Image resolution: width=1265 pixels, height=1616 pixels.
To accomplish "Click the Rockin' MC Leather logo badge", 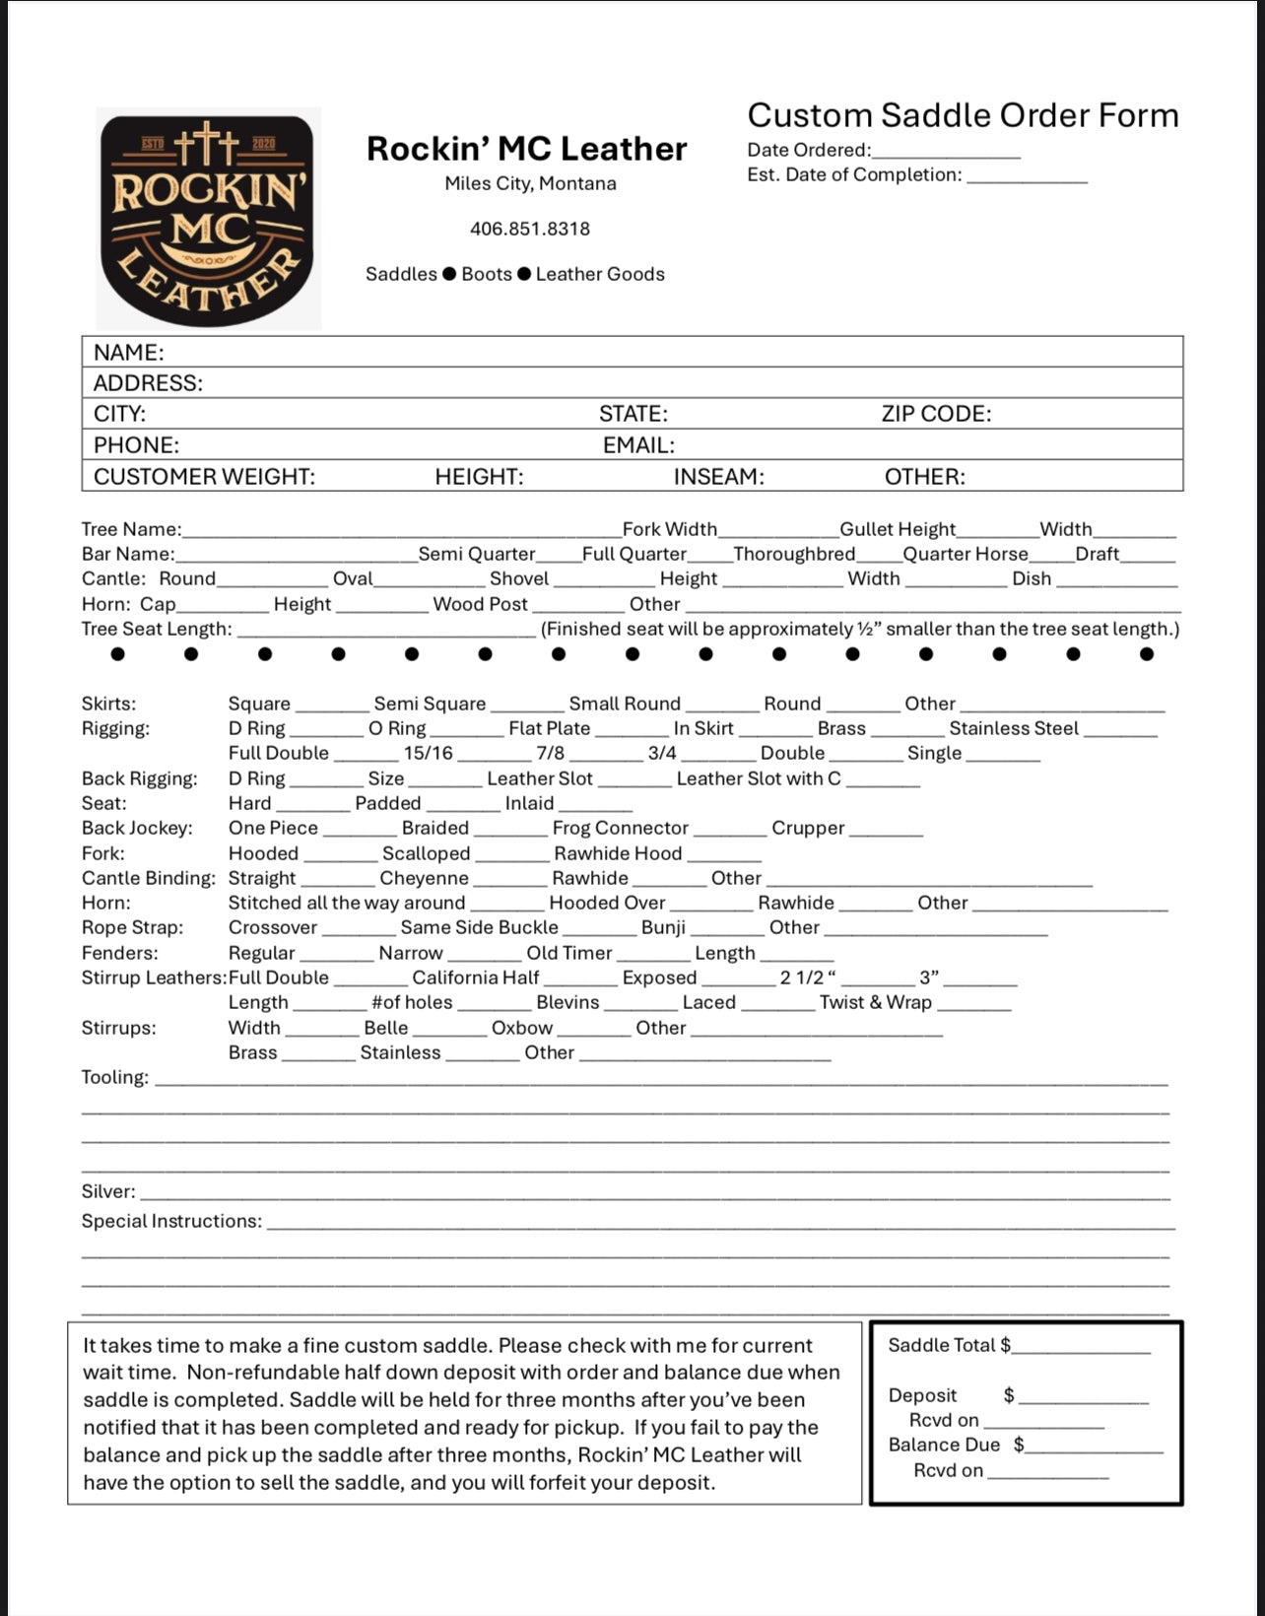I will click(x=208, y=219).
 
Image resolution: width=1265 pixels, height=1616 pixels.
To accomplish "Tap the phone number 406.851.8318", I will click(x=530, y=229).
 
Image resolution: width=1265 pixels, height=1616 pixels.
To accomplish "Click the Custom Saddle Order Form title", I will click(x=963, y=115).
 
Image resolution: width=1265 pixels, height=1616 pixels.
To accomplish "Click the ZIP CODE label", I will click(x=936, y=414).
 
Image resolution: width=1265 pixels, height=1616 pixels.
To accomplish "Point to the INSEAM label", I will click(x=718, y=477).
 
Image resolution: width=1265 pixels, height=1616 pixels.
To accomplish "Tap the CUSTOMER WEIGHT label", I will click(x=204, y=477).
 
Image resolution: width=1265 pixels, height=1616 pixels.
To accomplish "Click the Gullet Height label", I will click(x=898, y=529).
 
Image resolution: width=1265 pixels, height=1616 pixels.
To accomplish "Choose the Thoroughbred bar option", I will click(x=794, y=554).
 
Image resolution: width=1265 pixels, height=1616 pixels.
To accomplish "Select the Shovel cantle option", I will click(x=519, y=578).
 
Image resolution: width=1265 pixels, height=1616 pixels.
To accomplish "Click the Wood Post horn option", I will click(x=481, y=604).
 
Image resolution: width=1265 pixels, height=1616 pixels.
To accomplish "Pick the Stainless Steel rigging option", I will click(x=1014, y=728).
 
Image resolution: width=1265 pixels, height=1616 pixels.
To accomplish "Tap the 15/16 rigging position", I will click(x=429, y=753).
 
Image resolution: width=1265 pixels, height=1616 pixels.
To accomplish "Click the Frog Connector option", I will click(x=621, y=828).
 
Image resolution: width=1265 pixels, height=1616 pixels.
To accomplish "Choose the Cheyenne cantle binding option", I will click(x=425, y=878).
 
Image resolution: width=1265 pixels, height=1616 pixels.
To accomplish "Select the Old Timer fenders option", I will click(x=569, y=953).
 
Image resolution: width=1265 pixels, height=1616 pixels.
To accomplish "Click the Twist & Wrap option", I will click(x=876, y=1002).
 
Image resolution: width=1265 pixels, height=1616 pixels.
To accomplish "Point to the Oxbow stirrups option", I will click(x=522, y=1028).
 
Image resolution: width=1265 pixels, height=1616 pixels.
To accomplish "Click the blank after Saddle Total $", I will click(x=1081, y=1346).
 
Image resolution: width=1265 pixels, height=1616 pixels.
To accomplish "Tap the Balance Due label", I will click(x=944, y=1445).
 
